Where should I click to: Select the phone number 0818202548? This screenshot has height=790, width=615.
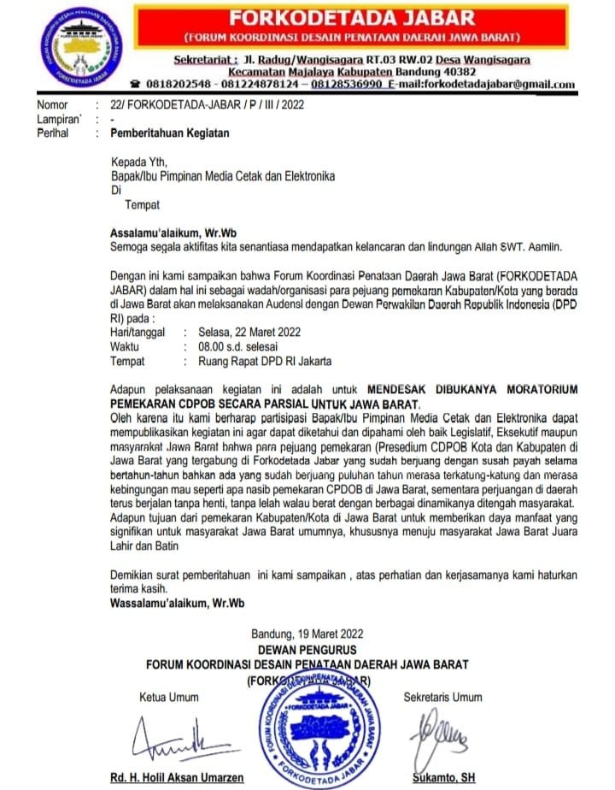(177, 84)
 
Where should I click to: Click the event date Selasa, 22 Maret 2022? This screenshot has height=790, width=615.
(249, 331)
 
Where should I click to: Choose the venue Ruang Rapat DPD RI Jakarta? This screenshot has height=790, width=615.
(264, 361)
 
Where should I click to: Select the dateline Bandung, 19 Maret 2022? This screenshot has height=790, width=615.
(307, 634)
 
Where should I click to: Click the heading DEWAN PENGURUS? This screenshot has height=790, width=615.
(307, 650)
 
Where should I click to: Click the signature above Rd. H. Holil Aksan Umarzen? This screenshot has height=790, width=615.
(174, 736)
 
